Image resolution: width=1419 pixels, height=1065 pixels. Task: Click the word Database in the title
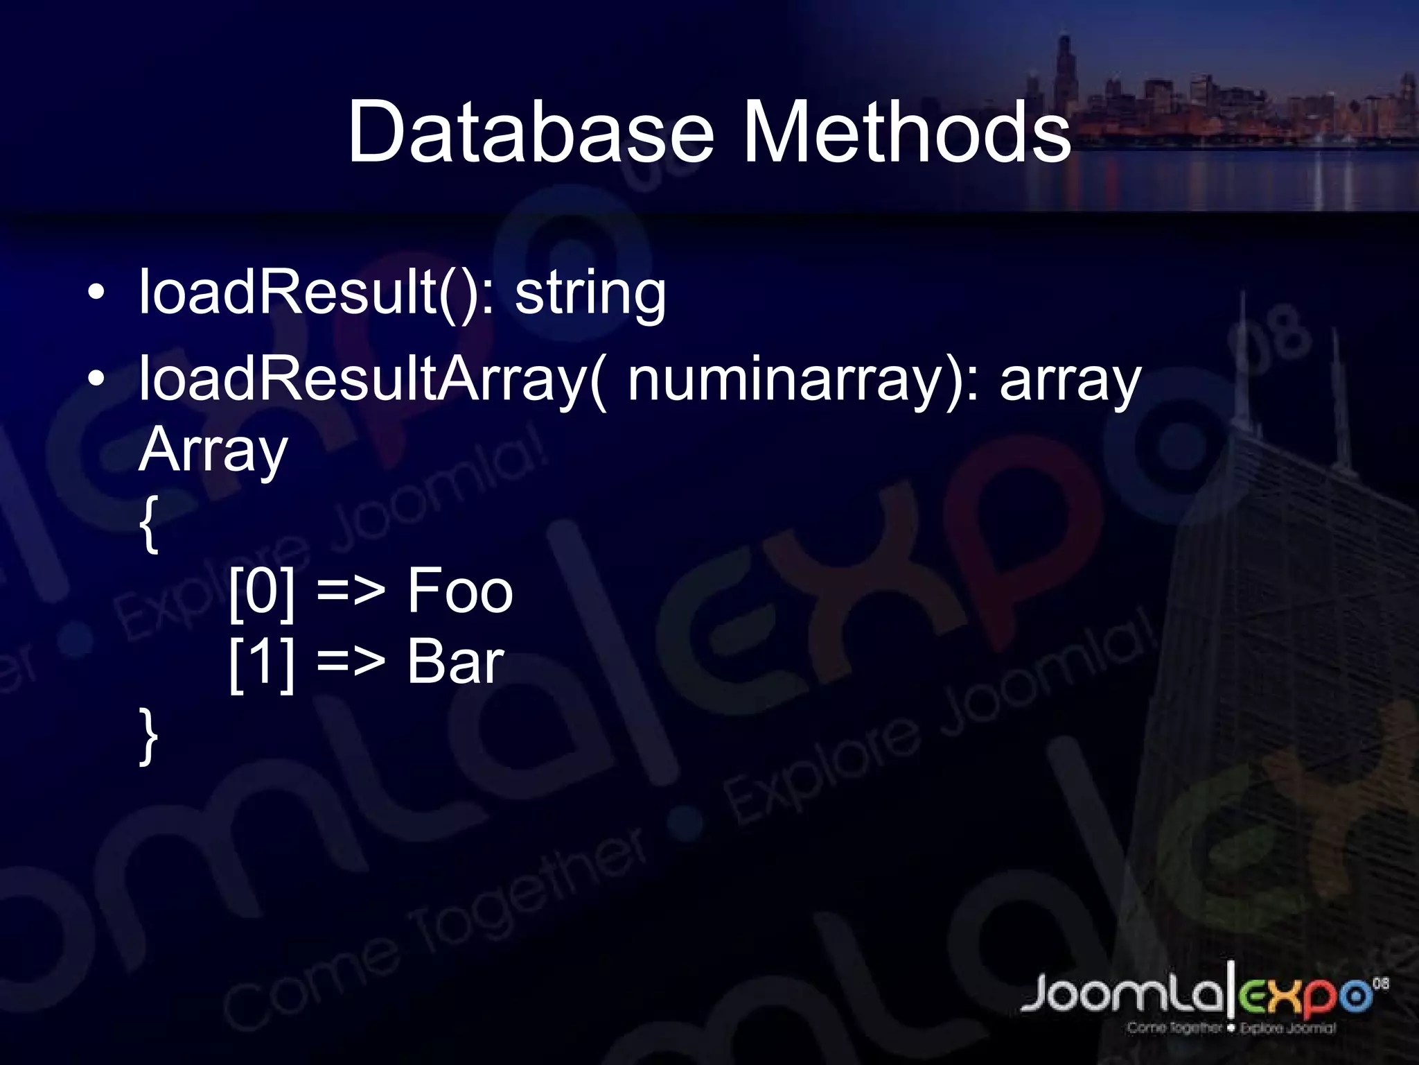point(530,132)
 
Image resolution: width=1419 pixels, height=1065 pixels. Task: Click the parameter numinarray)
point(804,381)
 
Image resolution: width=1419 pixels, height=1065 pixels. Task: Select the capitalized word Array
point(213,451)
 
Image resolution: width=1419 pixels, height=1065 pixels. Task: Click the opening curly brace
point(148,523)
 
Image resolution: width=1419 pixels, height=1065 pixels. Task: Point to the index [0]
point(262,591)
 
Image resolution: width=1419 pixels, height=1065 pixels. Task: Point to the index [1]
point(262,664)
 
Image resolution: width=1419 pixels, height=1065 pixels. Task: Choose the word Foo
point(459,591)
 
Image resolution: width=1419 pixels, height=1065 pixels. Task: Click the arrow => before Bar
point(350,664)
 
